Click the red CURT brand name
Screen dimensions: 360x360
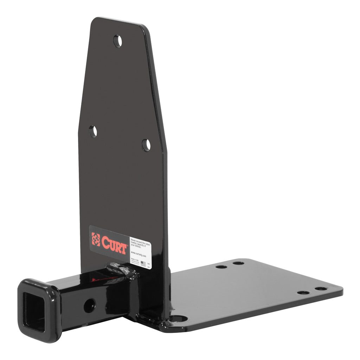(114, 244)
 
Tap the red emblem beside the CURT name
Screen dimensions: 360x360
(96, 239)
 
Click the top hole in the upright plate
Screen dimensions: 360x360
(117, 41)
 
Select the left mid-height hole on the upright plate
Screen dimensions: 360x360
(93, 131)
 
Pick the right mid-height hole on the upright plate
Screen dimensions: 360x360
(146, 145)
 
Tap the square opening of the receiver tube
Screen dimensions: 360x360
(34, 311)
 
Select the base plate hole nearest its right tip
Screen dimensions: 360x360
(321, 289)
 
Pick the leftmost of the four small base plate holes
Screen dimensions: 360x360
(221, 266)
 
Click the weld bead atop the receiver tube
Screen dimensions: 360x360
(121, 269)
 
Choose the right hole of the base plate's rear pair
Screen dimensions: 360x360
(238, 263)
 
